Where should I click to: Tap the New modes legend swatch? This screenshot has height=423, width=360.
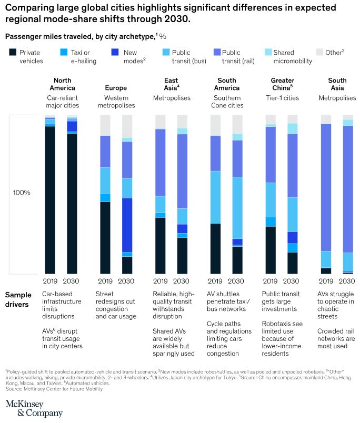(x=116, y=52)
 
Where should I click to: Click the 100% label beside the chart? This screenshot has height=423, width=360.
(x=22, y=193)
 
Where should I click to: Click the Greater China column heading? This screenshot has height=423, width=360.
(x=282, y=84)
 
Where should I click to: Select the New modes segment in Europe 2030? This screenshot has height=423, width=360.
(x=127, y=225)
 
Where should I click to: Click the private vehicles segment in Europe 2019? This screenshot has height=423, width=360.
(x=105, y=237)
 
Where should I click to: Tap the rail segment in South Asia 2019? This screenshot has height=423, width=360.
(x=326, y=187)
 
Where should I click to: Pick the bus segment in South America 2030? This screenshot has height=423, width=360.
(x=237, y=208)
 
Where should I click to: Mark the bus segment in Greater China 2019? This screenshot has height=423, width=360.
(x=271, y=199)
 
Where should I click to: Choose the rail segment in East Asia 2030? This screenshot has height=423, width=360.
(x=182, y=171)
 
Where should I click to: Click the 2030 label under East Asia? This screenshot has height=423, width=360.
(x=182, y=281)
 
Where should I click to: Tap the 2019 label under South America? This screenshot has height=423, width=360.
(x=215, y=281)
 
